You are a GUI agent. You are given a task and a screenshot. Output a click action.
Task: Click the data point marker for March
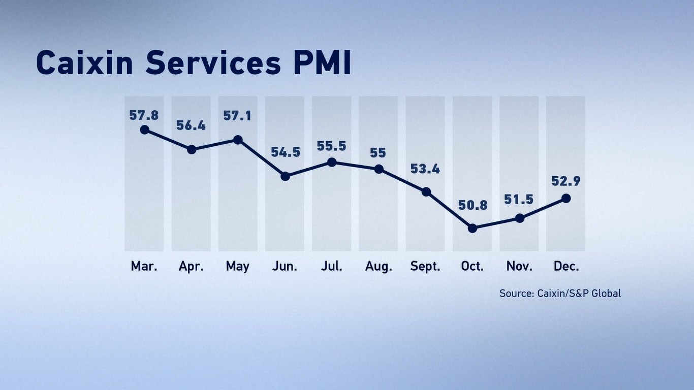[x=144, y=129]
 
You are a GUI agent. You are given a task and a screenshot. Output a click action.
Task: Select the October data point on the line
[x=472, y=229]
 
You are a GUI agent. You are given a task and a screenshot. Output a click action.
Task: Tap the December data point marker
[x=566, y=199]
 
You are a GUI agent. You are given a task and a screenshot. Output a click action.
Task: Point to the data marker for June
[x=285, y=176]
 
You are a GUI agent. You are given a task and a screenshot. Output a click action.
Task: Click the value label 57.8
[x=144, y=115]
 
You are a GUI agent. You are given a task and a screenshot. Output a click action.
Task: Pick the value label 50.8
[x=472, y=205]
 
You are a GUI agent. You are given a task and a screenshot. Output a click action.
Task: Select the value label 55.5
[x=331, y=146]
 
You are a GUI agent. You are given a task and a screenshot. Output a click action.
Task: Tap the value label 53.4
[x=425, y=169]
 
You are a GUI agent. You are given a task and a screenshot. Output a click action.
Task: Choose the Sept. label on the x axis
[x=425, y=267]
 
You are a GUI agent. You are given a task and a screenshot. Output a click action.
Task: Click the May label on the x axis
[x=238, y=267]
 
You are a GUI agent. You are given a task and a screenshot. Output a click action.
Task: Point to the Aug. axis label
[x=378, y=267]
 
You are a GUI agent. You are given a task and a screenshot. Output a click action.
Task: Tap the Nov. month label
[x=519, y=267]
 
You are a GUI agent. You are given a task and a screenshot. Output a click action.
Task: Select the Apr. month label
[x=191, y=267]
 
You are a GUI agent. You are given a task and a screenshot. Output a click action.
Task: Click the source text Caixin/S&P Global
[x=579, y=293]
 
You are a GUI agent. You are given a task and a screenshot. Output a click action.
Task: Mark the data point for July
[x=332, y=162]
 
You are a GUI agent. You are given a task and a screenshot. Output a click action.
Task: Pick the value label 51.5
[x=519, y=200]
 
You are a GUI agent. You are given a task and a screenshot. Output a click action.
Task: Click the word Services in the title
[x=213, y=63]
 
